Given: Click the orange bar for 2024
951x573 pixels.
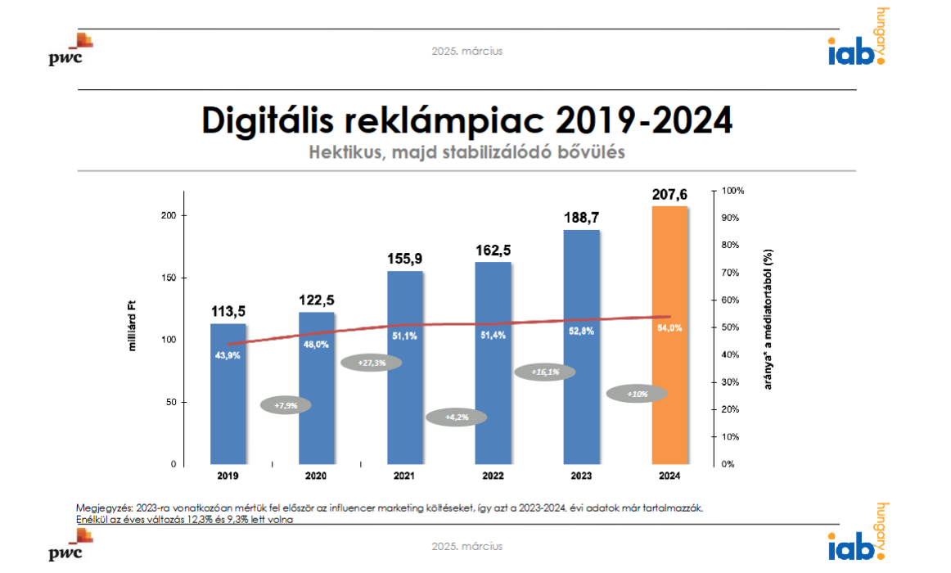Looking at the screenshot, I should pos(669,336).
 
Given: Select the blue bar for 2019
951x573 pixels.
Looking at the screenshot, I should pos(228,393).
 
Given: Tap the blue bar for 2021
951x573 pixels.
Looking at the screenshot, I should pos(404,368).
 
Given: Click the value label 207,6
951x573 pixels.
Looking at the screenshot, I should pos(669,195).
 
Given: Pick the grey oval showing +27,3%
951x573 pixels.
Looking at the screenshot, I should pos(372,363).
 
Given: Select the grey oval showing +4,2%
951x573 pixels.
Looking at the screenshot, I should pos(456,417).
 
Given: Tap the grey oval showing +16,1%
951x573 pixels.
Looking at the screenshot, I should pos(544,372).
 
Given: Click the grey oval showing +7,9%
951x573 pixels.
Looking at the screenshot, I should pos(286,404).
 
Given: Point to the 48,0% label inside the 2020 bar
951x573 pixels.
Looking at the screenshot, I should pos(316,345).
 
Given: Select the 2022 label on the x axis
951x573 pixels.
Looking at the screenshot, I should pos(493,476).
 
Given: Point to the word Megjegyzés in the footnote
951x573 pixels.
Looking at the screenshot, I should pos(104,508).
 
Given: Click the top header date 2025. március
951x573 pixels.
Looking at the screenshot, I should pos(467,51).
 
